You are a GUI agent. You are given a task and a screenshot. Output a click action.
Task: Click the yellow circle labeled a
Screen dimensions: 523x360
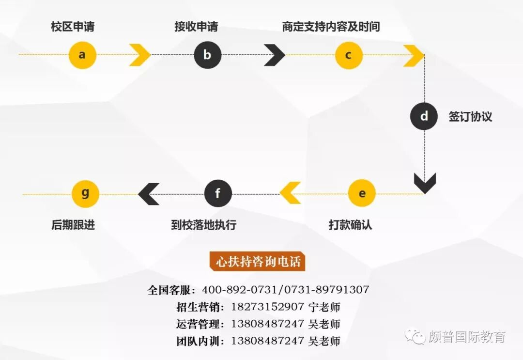coord(82,55)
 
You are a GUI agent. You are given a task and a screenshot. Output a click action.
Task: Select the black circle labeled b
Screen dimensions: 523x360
coord(207,55)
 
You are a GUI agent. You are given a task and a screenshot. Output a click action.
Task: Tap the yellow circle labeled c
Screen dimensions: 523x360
coord(349,55)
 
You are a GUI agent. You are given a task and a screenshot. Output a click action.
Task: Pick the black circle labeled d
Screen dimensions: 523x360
coord(424,117)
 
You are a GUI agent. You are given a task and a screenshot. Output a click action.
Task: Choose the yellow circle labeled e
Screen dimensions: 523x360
coord(362,193)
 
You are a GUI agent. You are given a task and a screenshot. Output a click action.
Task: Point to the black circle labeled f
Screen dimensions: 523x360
coord(217,194)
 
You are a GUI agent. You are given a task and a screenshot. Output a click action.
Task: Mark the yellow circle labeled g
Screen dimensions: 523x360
coord(85,193)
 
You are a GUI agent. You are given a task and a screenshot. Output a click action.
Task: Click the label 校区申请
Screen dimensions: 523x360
coord(73,27)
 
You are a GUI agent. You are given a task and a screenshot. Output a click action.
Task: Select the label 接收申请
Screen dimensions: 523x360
coord(196,27)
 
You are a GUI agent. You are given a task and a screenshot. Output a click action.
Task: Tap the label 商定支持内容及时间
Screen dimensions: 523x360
coord(331,27)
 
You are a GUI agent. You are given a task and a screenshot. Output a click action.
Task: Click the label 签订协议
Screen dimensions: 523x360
coord(470,117)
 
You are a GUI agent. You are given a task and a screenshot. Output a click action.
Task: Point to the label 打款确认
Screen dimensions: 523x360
coord(351,225)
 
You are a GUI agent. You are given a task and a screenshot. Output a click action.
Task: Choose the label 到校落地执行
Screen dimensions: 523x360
coord(203,225)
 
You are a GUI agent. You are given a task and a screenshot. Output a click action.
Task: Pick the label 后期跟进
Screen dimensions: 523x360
coord(73,225)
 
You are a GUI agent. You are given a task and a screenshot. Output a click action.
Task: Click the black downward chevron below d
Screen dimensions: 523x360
coord(425,184)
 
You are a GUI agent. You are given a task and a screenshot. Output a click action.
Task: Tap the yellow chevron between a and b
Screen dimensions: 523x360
coord(140,55)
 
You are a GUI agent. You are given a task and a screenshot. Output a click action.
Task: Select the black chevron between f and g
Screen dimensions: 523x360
coord(149,194)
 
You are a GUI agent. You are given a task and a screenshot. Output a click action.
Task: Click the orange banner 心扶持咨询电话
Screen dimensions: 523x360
coord(258,262)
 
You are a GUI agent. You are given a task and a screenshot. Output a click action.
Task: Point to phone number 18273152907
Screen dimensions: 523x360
coord(268,307)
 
